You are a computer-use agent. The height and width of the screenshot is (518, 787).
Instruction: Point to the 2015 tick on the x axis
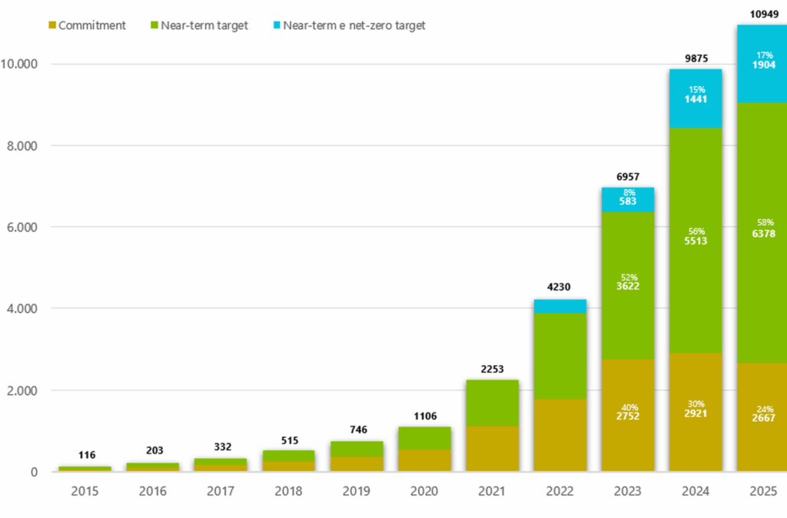[85, 491]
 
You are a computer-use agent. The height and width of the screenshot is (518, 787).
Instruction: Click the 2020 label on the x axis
[424, 491]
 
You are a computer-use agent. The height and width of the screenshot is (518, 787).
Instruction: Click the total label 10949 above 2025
[763, 13]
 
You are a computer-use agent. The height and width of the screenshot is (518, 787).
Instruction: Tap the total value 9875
[696, 58]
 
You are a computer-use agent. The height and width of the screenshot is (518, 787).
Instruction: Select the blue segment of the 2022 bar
[560, 306]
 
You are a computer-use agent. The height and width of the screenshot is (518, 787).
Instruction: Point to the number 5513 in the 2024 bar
[696, 241]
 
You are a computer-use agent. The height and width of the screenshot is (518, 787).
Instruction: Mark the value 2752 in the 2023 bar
[628, 416]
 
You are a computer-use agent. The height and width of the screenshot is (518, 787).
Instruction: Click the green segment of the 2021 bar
[492, 403]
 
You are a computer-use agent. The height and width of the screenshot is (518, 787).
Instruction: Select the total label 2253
[492, 369]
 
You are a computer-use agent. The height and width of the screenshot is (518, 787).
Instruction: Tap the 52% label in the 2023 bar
[628, 277]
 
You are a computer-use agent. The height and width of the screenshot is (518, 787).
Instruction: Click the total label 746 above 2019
[356, 430]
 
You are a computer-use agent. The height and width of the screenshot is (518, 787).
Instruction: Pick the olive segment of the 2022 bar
[560, 435]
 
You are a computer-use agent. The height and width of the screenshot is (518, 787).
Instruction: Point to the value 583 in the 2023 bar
[628, 201]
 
